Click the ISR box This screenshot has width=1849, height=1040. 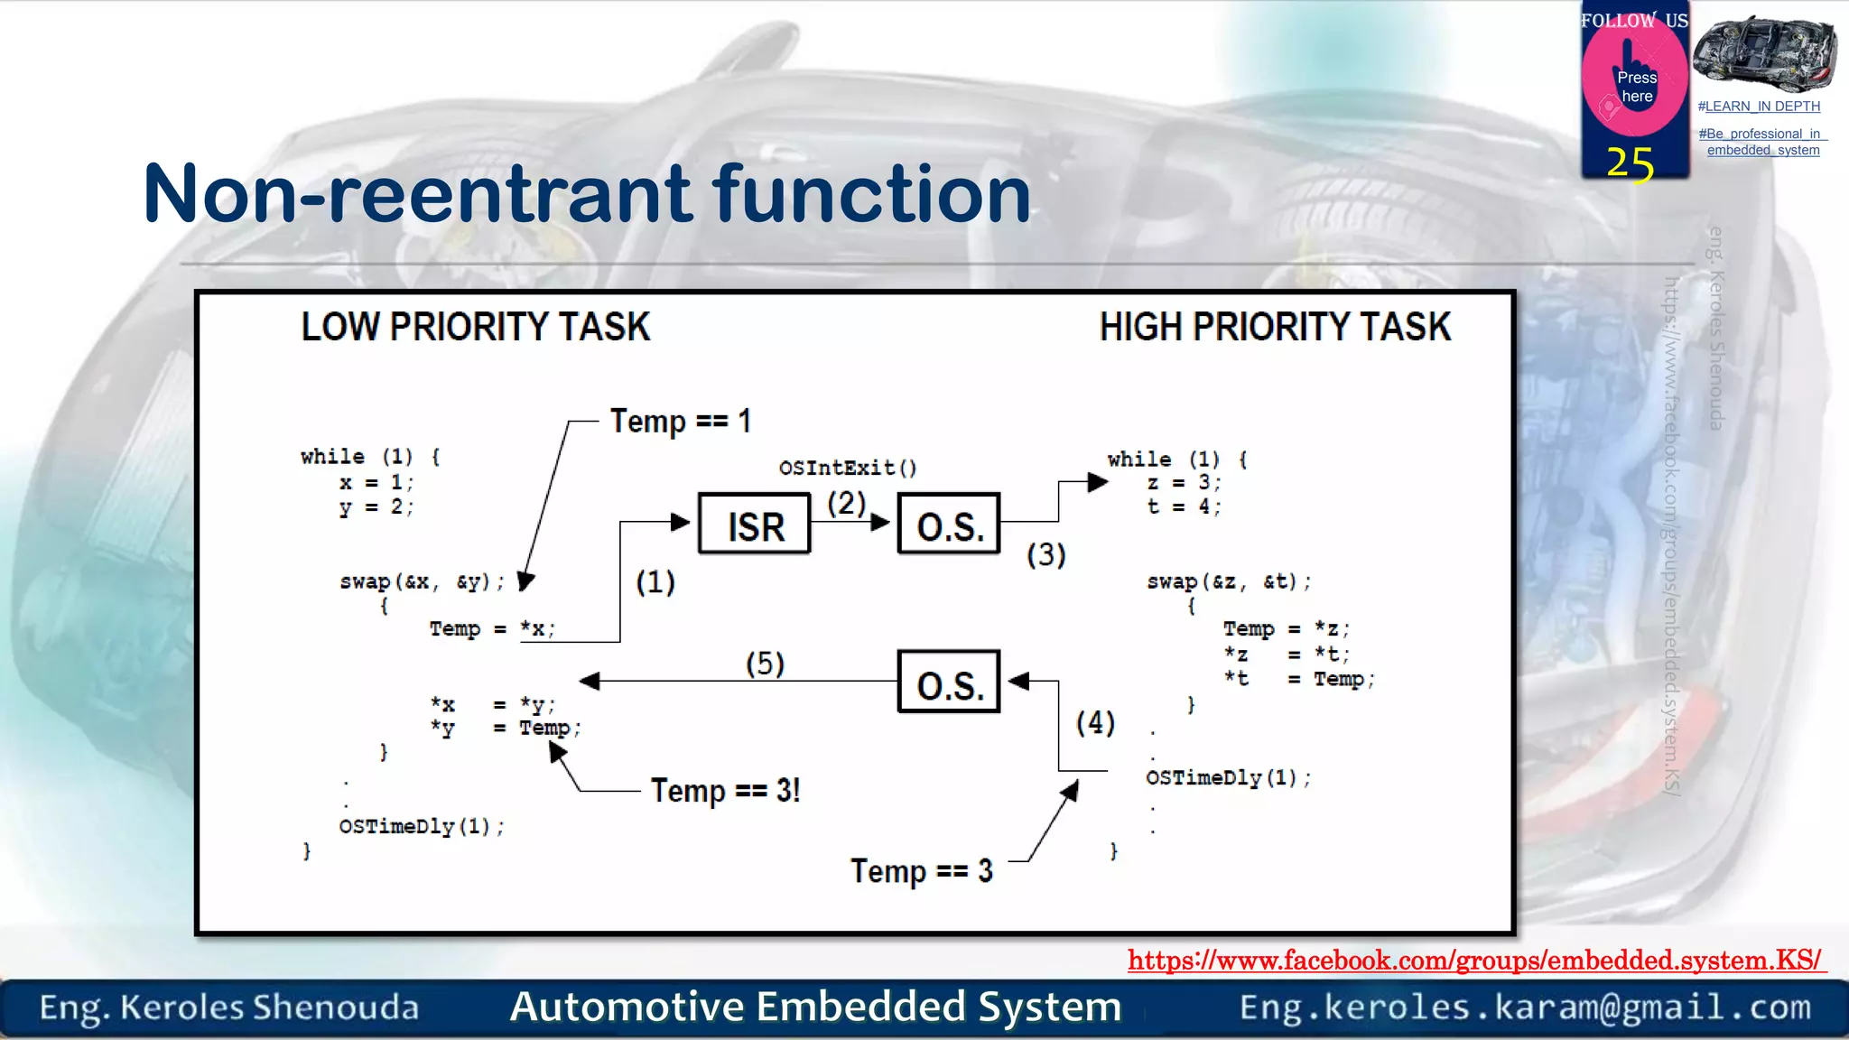pyautogui.click(x=755, y=525)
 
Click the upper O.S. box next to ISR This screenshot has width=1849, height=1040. pyautogui.click(x=949, y=525)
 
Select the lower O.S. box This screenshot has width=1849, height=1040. pyautogui.click(x=949, y=682)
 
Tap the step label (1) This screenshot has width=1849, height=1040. pyautogui.click(x=655, y=582)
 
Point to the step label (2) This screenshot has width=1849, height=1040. pyautogui.click(x=846, y=503)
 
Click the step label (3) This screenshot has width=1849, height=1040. pyautogui.click(x=1046, y=554)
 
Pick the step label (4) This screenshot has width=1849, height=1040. pyautogui.click(x=1095, y=722)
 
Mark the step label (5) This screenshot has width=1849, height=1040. pyautogui.click(x=765, y=664)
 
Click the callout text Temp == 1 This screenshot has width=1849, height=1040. pyautogui.click(x=680, y=421)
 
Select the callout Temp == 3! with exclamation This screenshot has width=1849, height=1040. pyautogui.click(x=725, y=791)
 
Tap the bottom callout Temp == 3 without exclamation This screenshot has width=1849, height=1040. pyautogui.click(x=921, y=871)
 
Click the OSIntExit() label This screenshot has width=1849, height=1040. pyautogui.click(x=848, y=468)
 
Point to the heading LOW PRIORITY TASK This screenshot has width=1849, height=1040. pyautogui.click(x=475, y=327)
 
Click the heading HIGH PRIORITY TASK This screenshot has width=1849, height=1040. pyautogui.click(x=1274, y=327)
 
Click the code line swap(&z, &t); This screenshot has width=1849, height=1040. pyautogui.click(x=1228, y=582)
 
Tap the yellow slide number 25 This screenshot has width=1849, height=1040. pyautogui.click(x=1630, y=164)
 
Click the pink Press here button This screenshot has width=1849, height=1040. pyautogui.click(x=1635, y=85)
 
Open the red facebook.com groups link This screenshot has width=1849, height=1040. pyautogui.click(x=1474, y=960)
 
